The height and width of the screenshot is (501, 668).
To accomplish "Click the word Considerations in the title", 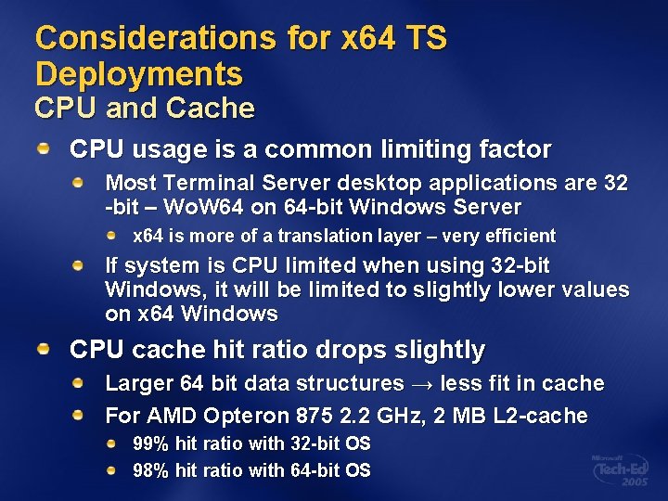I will [155, 39].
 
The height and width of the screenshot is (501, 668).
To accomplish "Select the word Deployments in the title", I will [138, 74].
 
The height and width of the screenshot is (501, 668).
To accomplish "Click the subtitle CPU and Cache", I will [144, 109].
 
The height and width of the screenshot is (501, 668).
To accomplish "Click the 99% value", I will [151, 443].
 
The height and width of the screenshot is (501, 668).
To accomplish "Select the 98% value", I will [151, 470].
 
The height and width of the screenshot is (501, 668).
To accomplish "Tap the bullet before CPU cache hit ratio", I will [45, 348].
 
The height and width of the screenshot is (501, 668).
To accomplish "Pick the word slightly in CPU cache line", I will [441, 350].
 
